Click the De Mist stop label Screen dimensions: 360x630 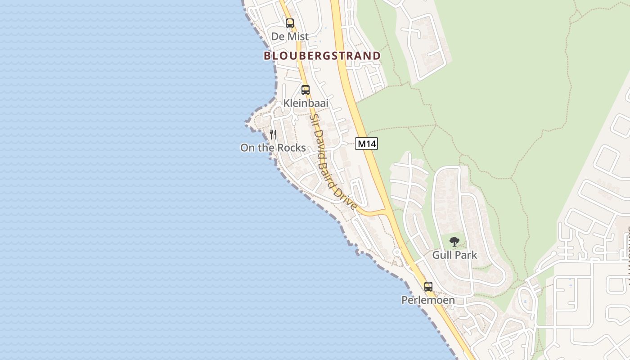pos(290,36)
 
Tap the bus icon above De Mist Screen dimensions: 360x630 pos(290,23)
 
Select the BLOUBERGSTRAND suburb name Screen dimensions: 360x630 pos(322,56)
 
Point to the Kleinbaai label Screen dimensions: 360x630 pos(306,103)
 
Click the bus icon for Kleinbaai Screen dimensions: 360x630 pos(306,90)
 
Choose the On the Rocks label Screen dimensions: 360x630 pos(273,148)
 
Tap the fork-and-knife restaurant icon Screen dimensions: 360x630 pos(273,134)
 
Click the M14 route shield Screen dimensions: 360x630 pos(366,144)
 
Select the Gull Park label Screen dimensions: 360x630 pos(454,255)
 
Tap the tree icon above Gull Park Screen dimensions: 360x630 pos(454,242)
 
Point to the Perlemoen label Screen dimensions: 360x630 pos(428,300)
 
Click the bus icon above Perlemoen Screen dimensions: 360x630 pos(428,286)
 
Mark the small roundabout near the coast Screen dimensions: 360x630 pos(397,252)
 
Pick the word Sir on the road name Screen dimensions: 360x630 pos(313,120)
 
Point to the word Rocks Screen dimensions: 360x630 pos(291,148)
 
